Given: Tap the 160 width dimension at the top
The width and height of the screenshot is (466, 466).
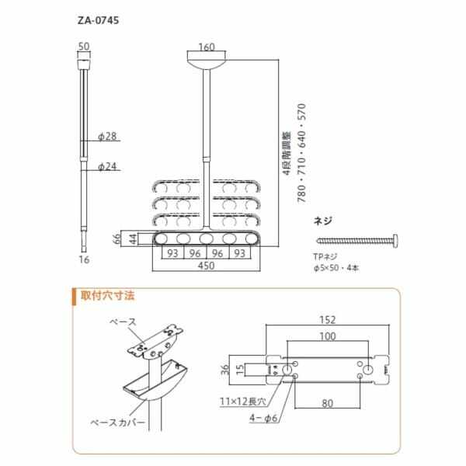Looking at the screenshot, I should tap(206, 47).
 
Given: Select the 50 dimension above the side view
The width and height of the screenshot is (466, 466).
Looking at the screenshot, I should tap(84, 46).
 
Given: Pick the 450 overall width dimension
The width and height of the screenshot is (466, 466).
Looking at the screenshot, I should tap(206, 265).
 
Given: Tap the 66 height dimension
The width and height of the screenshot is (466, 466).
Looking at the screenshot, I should tap(116, 237).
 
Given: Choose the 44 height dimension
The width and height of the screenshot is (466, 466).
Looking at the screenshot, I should tap(134, 237).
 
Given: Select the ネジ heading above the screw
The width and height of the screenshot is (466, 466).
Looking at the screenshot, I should tap(322, 221).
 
